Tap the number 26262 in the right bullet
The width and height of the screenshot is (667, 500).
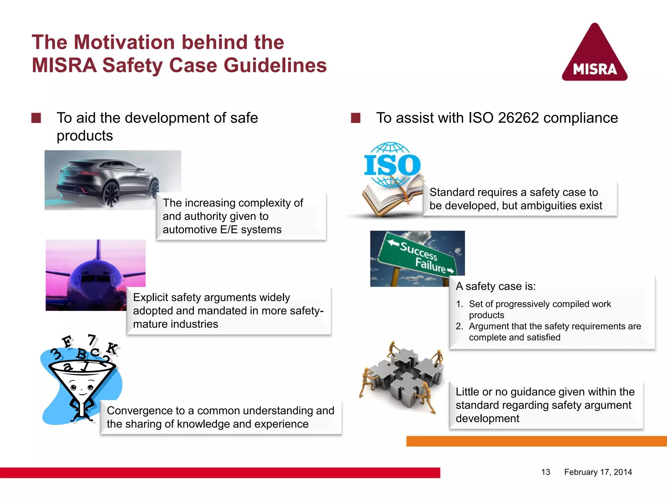[518, 118]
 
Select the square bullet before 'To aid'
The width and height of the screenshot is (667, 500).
[36, 118]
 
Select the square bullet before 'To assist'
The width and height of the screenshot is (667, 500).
[356, 118]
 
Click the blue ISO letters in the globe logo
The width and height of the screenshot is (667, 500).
[392, 165]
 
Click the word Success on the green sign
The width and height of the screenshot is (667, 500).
[419, 251]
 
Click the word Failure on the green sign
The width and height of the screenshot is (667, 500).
[430, 265]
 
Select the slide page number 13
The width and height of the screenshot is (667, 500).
[546, 472]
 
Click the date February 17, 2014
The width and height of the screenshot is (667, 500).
[598, 472]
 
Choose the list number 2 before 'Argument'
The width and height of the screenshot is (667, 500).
[459, 326]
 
